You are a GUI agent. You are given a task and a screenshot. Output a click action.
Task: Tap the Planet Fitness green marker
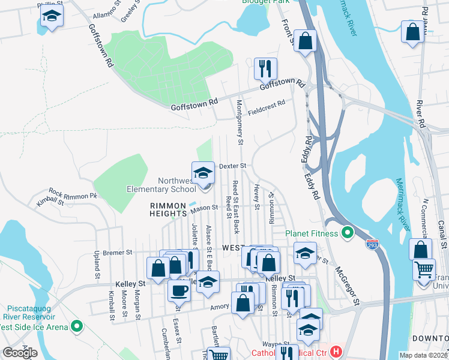click(x=347, y=232)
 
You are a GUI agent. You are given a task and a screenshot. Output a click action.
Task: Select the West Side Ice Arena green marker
click(x=76, y=326)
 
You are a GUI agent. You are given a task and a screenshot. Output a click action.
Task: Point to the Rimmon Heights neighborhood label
click(x=169, y=209)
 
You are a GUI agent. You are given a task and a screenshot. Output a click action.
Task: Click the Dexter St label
click(x=233, y=166)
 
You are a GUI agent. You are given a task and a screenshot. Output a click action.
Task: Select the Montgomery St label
click(x=239, y=123)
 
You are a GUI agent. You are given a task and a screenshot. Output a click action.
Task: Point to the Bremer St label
click(x=117, y=253)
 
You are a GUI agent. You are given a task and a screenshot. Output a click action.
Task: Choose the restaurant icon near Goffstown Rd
click(x=264, y=69)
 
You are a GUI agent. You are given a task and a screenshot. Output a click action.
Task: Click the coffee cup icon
click(x=179, y=290)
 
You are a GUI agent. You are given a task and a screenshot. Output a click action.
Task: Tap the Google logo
click(x=20, y=353)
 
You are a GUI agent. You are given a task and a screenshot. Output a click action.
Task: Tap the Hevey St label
click(x=256, y=197)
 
